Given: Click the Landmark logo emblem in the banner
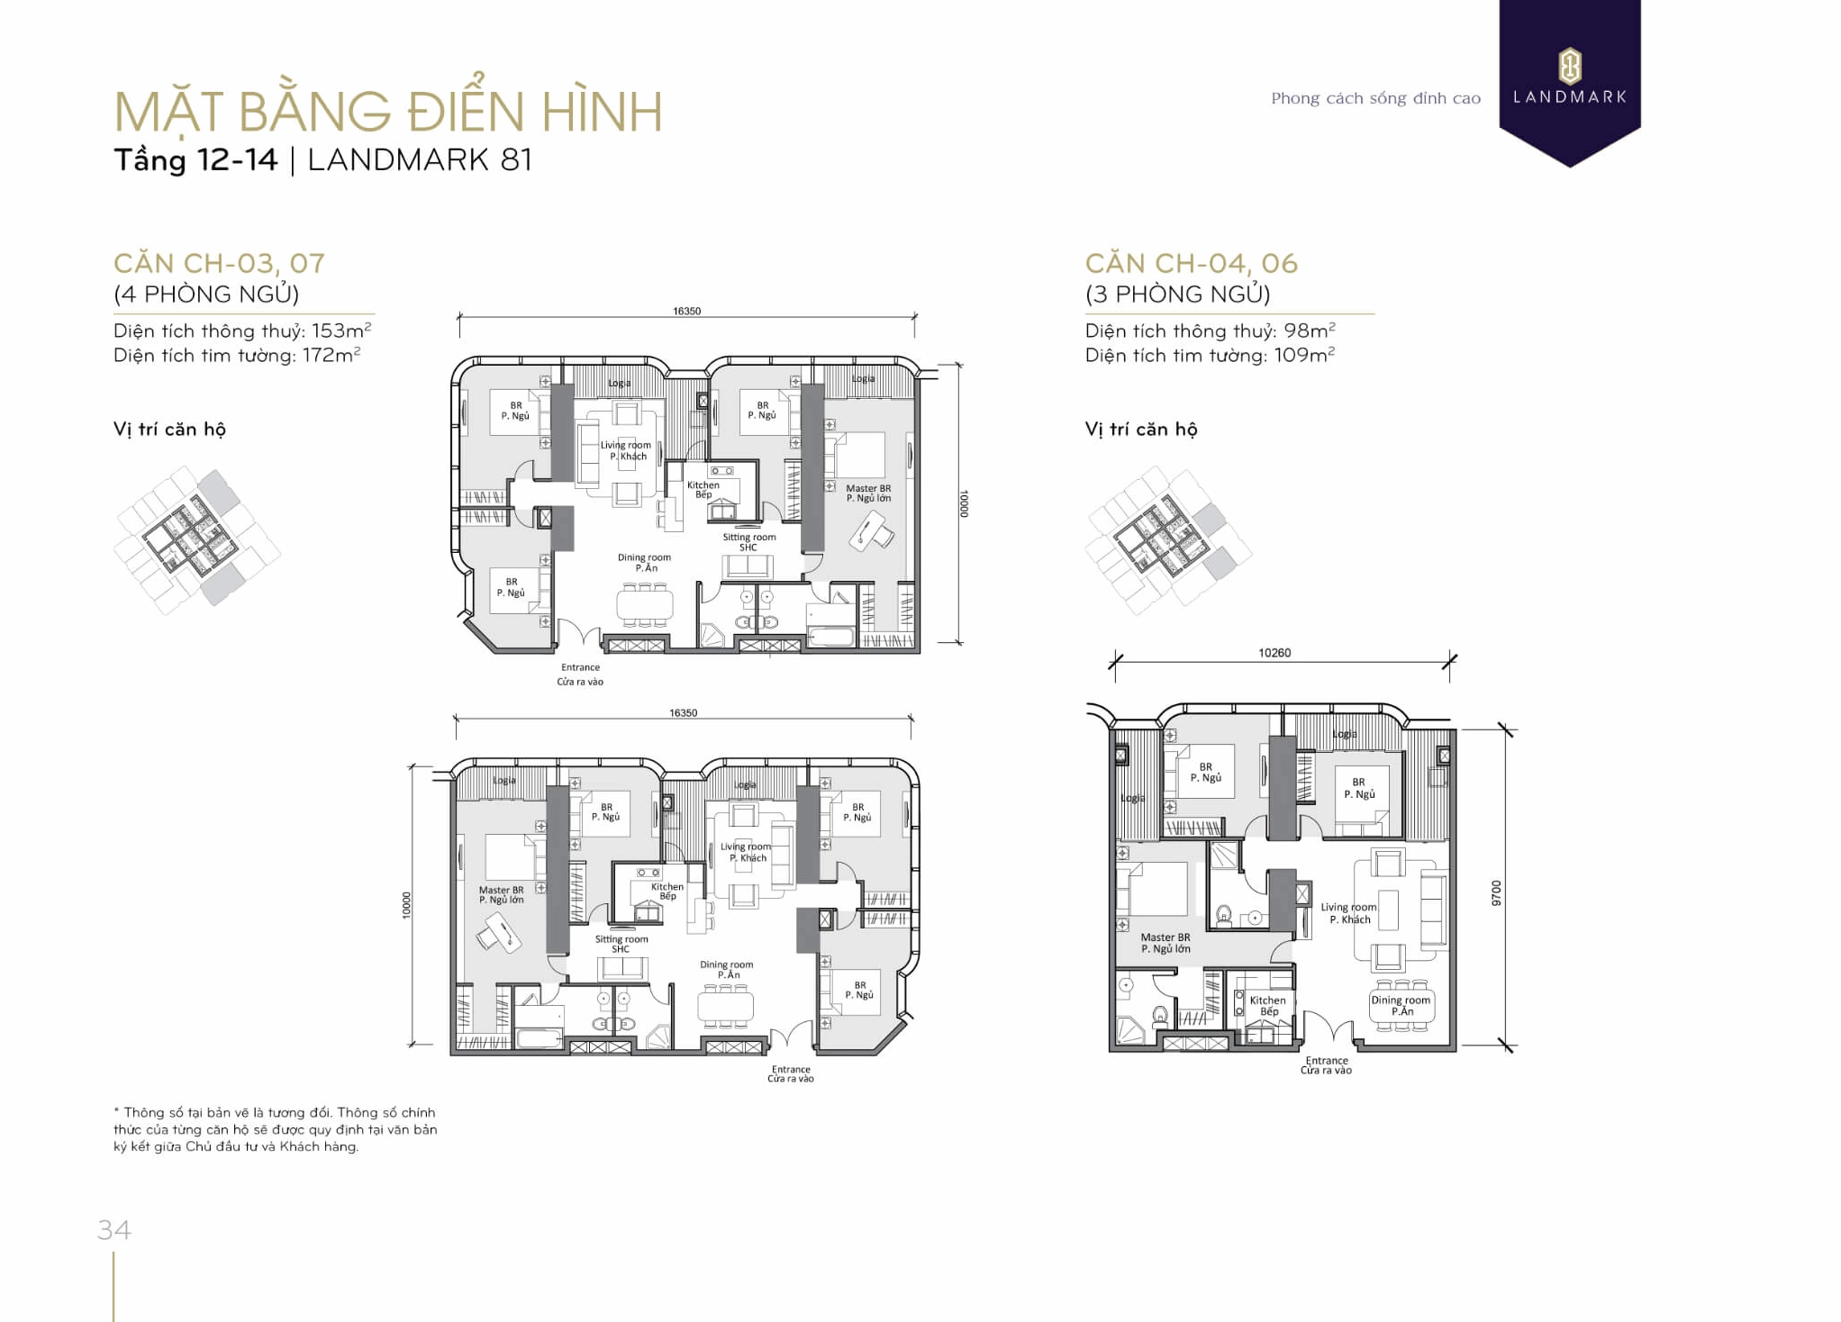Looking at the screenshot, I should [x=1569, y=66].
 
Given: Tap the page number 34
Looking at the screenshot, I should [x=114, y=1229].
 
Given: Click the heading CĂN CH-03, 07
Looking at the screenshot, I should [x=219, y=263].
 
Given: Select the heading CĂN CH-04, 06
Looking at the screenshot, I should [x=1191, y=263].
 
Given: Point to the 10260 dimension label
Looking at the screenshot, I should [x=1274, y=653].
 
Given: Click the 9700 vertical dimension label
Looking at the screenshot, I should [x=1496, y=892].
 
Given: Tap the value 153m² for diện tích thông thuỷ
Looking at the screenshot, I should [x=341, y=330].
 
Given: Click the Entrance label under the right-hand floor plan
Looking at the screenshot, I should [x=1327, y=1061].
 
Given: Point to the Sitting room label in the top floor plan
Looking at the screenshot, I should [x=748, y=538].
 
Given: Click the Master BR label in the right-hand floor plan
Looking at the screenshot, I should [x=1165, y=937].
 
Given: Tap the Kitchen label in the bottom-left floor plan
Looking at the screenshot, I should [x=667, y=887].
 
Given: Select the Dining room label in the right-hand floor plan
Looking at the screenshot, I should [x=1401, y=1001].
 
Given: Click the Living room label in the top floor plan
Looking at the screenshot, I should [x=626, y=446].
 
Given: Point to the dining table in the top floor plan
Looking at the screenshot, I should [x=644, y=604].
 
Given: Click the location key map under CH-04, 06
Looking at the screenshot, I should [x=1168, y=539].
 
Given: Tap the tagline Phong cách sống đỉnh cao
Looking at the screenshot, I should [x=1375, y=98].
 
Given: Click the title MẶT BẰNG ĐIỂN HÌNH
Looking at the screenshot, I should [x=388, y=112].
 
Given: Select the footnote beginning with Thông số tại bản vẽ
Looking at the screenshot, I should [x=276, y=1129].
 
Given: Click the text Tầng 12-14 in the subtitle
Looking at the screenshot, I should [x=195, y=160].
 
